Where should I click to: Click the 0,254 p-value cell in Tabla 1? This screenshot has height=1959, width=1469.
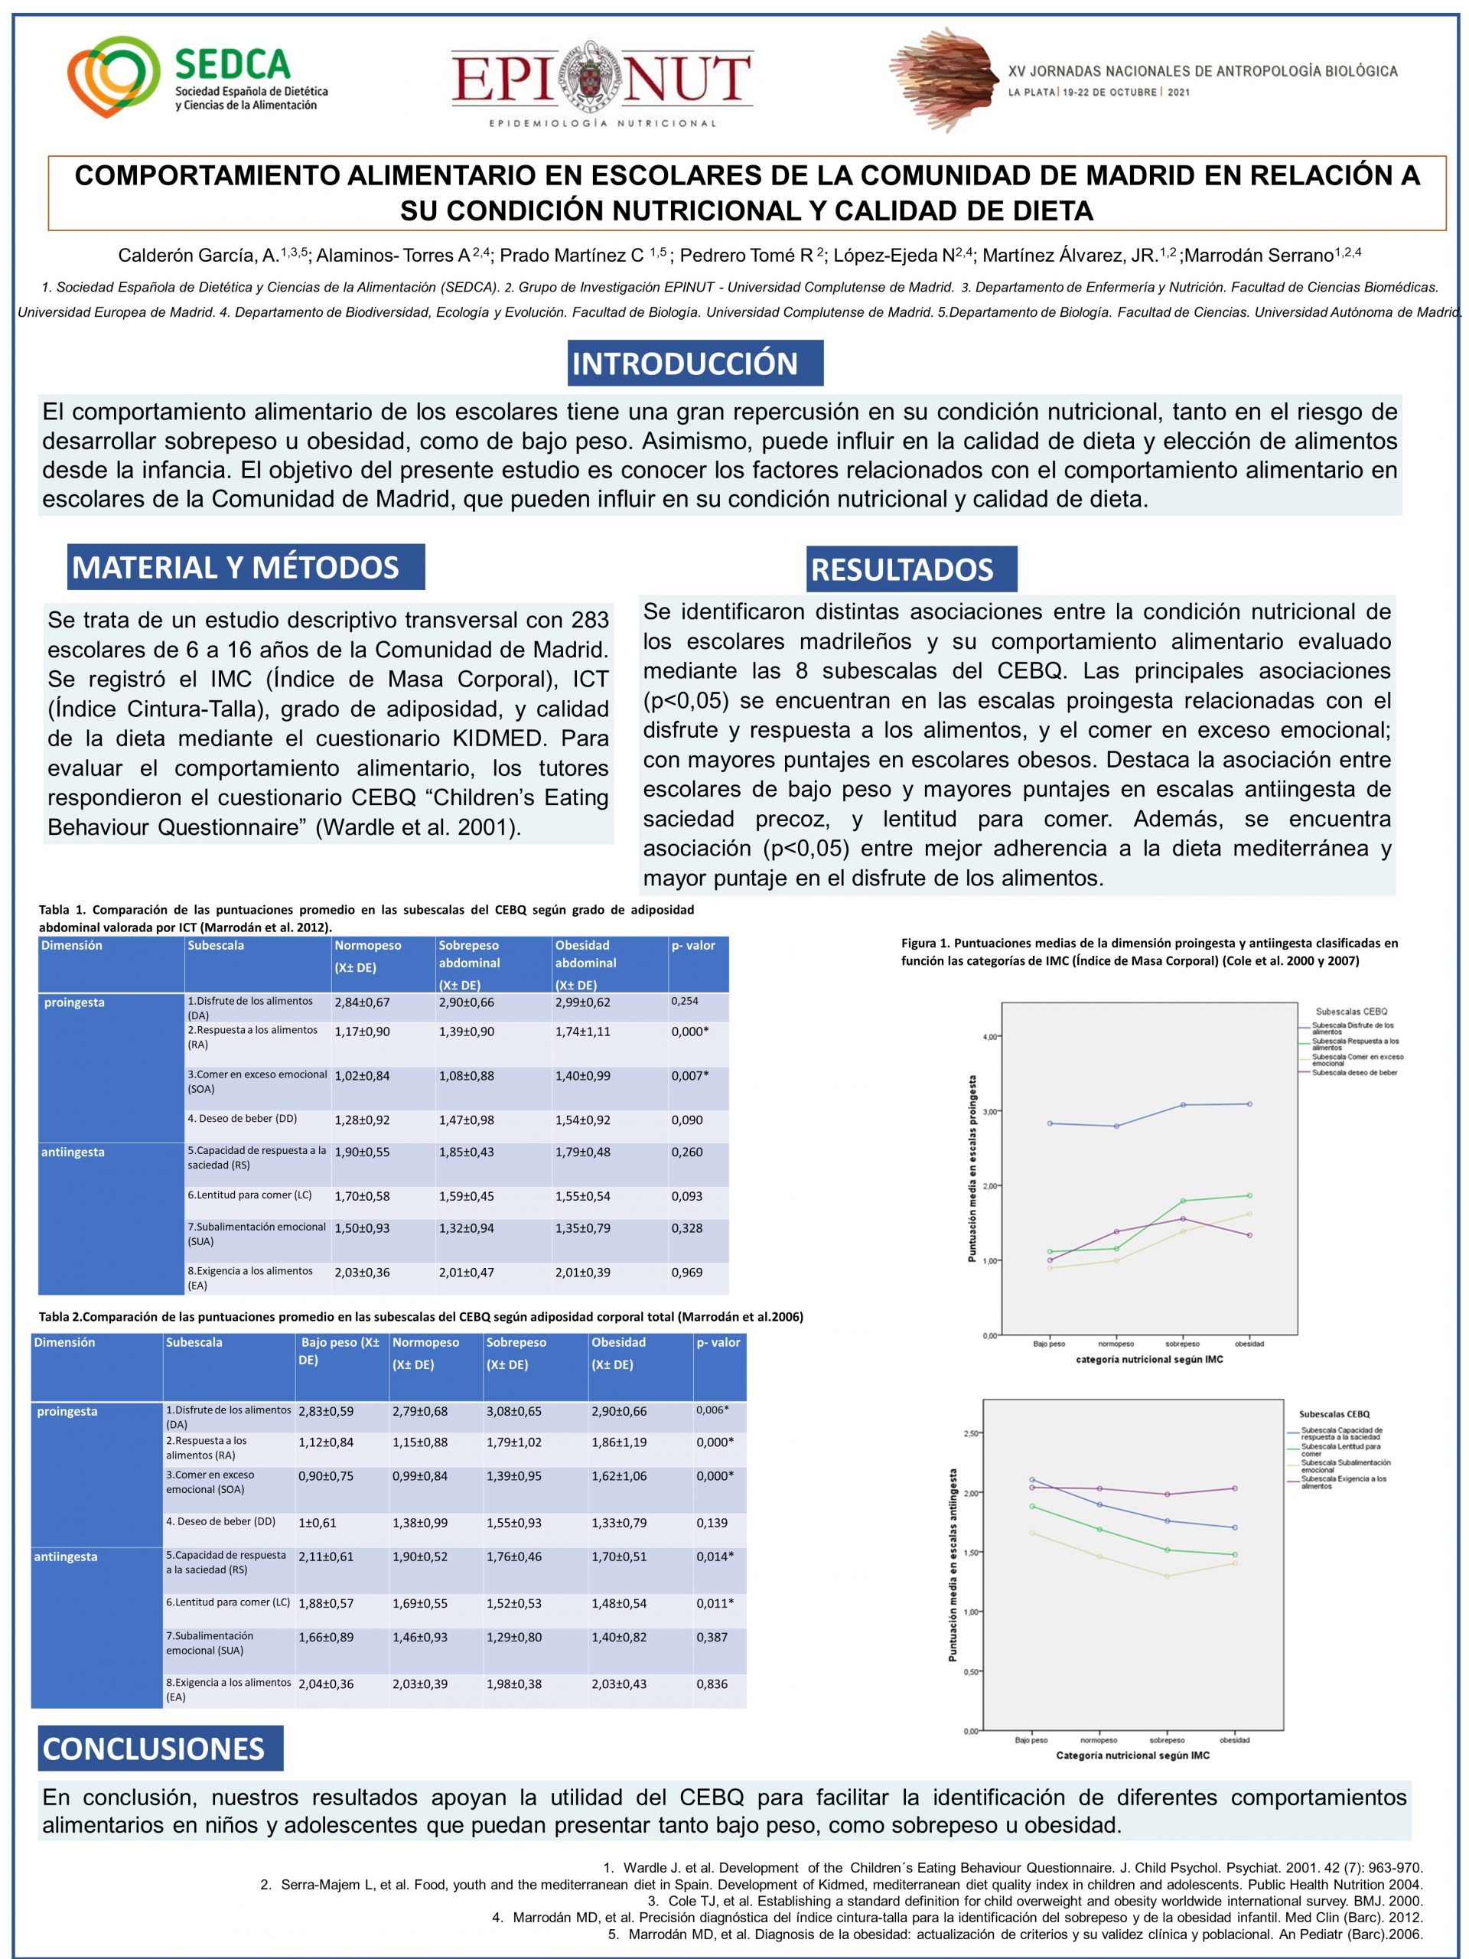pyautogui.click(x=685, y=1001)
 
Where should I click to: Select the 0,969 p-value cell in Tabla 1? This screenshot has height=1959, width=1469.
pyautogui.click(x=687, y=1273)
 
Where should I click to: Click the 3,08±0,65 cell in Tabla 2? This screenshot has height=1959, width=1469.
pyautogui.click(x=514, y=1411)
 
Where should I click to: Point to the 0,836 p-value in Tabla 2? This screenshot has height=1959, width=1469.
pyautogui.click(x=712, y=1684)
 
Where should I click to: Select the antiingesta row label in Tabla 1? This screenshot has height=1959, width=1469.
pyautogui.click(x=73, y=1152)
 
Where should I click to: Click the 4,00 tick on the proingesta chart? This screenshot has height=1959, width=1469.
pyautogui.click(x=989, y=1037)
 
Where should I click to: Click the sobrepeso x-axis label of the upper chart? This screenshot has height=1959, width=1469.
pyautogui.click(x=1182, y=1344)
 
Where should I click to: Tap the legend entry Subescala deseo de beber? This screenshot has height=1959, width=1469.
pyautogui.click(x=1354, y=1073)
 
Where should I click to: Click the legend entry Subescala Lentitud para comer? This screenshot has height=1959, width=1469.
pyautogui.click(x=1340, y=1451)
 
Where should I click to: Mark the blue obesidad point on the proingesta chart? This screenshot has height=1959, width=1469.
pyautogui.click(x=1249, y=1103)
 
